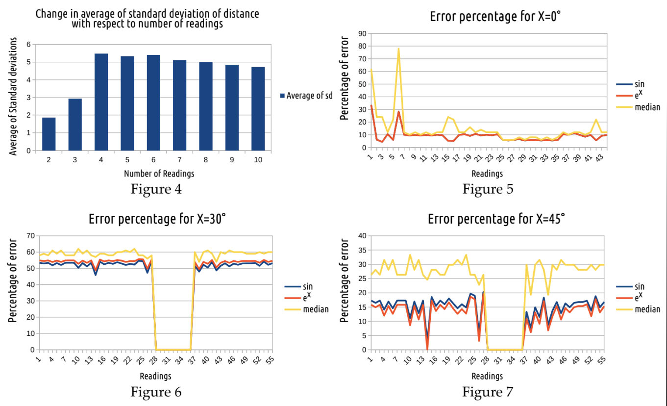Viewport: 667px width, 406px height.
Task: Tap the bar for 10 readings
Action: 258,109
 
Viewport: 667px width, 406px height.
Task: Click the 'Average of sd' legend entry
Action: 306,96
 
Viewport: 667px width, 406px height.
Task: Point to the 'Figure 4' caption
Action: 156,189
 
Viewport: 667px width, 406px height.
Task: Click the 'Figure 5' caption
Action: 488,189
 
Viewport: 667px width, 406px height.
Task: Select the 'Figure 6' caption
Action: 156,392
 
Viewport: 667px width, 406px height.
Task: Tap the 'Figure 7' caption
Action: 488,392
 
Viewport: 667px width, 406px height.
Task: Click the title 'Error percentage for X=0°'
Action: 495,16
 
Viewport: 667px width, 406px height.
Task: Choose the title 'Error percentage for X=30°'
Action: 157,219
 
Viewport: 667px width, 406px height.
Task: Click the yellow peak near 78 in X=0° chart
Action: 398,49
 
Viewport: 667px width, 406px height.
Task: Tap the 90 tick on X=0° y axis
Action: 362,33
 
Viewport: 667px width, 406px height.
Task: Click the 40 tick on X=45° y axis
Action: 362,236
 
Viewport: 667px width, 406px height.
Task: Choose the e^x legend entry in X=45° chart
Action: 639,297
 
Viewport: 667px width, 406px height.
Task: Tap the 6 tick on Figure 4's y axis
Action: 29,45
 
